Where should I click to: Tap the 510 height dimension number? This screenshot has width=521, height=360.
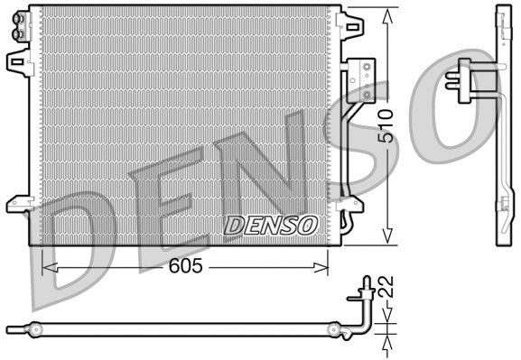385,127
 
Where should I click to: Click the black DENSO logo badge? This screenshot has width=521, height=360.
271,225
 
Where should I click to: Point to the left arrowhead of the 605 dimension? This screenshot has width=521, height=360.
48,267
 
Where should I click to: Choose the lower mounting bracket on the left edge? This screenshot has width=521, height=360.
16,203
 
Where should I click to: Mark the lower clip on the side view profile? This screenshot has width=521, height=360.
501,205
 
